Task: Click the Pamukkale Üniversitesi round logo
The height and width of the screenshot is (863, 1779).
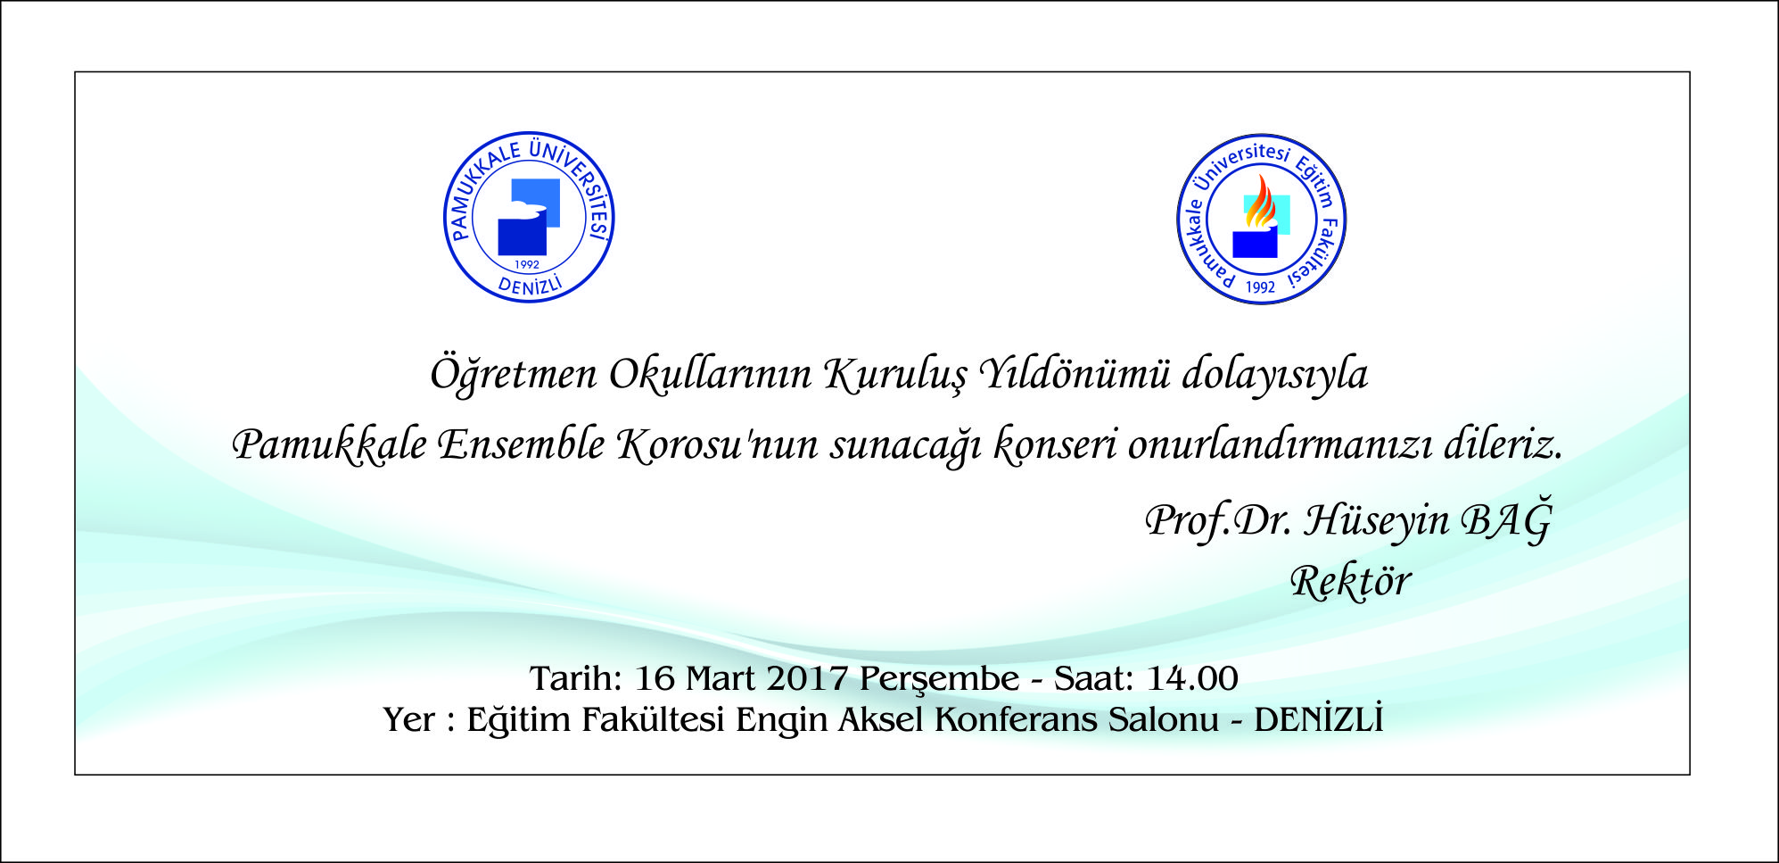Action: click(529, 217)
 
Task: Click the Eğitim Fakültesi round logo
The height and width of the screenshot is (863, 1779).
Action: click(1261, 220)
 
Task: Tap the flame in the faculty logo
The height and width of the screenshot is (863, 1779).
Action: click(1259, 203)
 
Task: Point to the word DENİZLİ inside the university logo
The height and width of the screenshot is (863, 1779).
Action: click(531, 284)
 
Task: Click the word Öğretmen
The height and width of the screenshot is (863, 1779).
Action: click(514, 374)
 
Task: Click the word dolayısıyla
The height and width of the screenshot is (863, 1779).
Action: click(1275, 374)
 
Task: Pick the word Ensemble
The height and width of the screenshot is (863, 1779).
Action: click(522, 444)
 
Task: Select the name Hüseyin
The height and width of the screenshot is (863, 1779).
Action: click(1377, 519)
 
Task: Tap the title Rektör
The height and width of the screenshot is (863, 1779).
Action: click(1351, 582)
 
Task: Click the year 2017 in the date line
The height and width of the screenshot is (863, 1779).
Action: click(807, 679)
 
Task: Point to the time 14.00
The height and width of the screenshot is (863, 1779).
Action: click(1192, 679)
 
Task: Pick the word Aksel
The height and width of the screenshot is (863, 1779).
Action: click(880, 719)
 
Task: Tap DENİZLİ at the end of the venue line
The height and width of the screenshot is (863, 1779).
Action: click(1319, 718)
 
